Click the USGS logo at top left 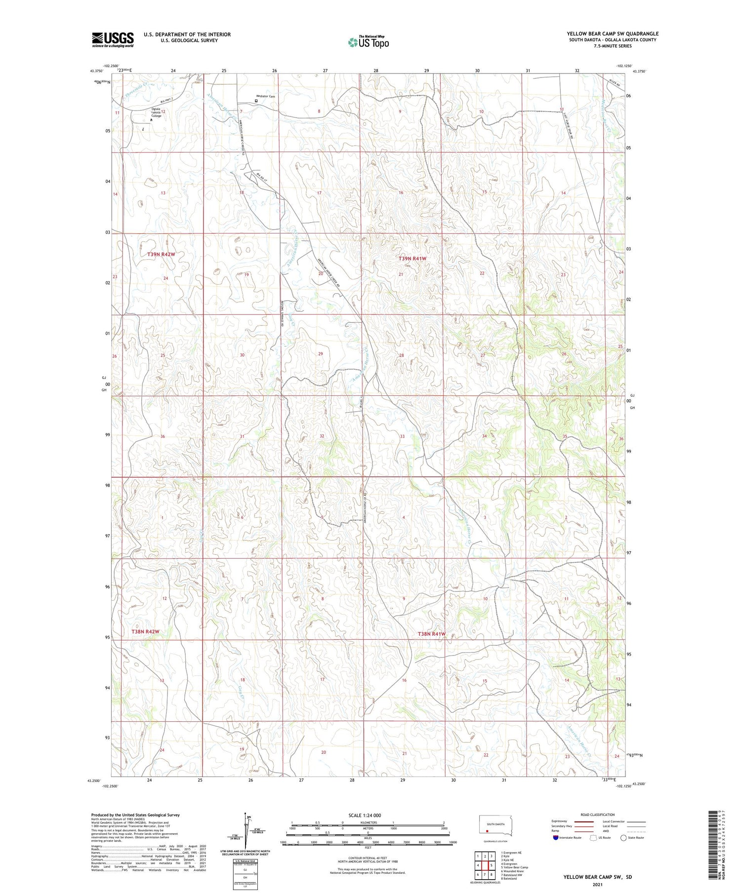[113, 39]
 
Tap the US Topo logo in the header [368, 42]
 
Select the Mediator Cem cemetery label [265, 96]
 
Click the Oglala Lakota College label [156, 113]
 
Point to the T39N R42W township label [161, 254]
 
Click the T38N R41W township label [432, 634]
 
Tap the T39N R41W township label [412, 258]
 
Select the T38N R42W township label [145, 632]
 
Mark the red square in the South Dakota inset [487, 830]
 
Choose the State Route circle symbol [623, 838]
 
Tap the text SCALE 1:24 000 [365, 815]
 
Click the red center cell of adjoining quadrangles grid [485, 865]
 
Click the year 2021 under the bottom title [597, 885]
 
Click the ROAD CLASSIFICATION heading [598, 815]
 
